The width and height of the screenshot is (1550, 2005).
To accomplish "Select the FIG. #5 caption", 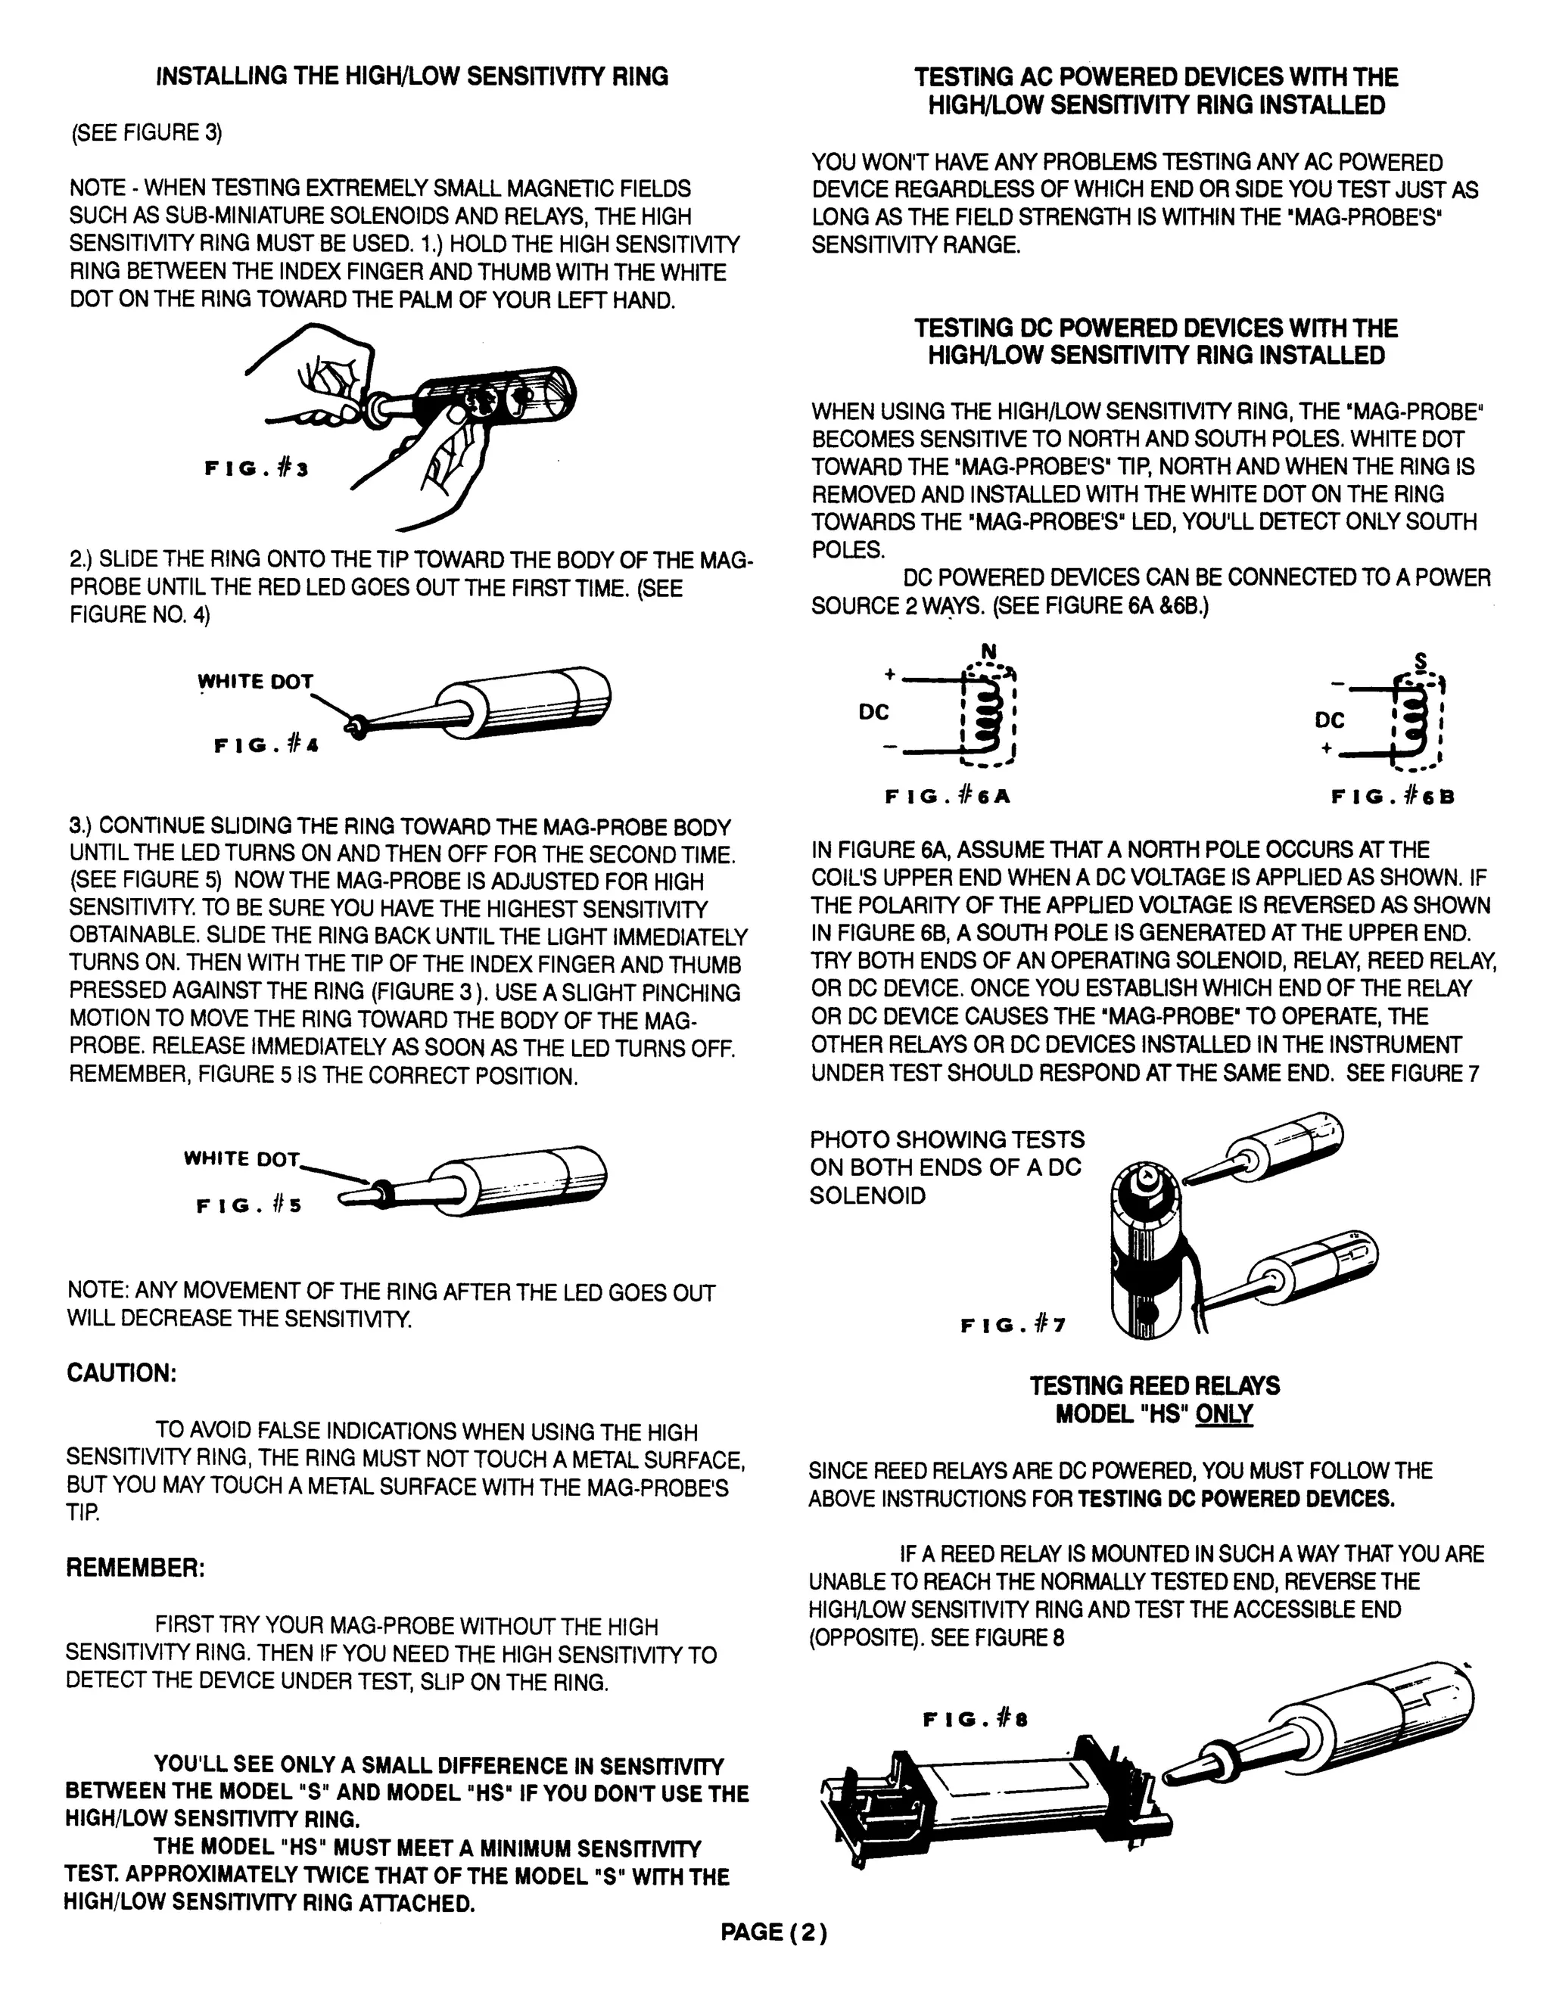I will pyautogui.click(x=248, y=1205).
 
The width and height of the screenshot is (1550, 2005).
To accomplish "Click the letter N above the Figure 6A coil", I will pyautogui.click(x=988, y=651).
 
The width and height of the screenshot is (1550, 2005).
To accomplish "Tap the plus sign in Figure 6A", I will pyautogui.click(x=889, y=675).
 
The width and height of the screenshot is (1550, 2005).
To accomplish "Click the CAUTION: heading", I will pyautogui.click(x=121, y=1373).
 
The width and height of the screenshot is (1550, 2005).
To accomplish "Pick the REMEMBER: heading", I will pyautogui.click(x=135, y=1567).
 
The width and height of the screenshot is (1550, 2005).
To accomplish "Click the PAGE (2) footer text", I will pyautogui.click(x=773, y=1932).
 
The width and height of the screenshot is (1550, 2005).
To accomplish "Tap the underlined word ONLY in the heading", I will pyautogui.click(x=1223, y=1414).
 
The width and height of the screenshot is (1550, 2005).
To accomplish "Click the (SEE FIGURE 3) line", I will pyautogui.click(x=147, y=133).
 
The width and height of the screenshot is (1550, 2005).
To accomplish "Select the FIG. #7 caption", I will pyautogui.click(x=1013, y=1325).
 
